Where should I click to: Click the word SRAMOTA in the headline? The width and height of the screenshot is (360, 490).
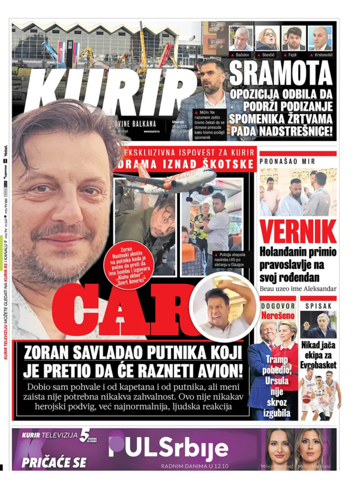pyautogui.click(x=281, y=74)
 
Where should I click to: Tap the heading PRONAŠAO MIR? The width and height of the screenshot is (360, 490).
pyautogui.click(x=288, y=161)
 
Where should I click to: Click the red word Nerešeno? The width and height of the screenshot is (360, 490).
pyautogui.click(x=278, y=315)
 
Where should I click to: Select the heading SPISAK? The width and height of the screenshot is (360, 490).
pyautogui.click(x=319, y=306)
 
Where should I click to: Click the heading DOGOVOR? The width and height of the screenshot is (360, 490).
pyautogui.click(x=278, y=306)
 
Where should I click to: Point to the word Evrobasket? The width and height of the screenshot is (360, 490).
pyautogui.click(x=319, y=365)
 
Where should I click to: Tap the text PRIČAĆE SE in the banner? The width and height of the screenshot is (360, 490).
pyautogui.click(x=54, y=462)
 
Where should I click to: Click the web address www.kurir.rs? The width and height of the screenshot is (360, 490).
pyautogui.click(x=152, y=131)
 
